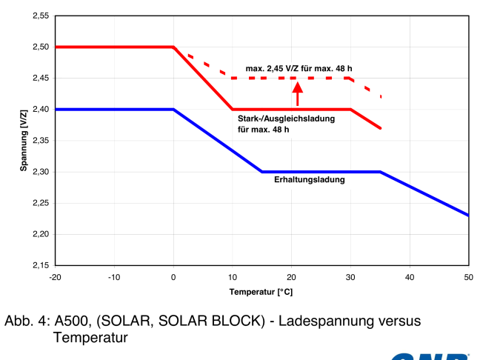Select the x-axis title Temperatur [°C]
(261, 292)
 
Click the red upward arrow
(298, 93)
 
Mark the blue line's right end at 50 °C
(468, 215)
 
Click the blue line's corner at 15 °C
(262, 172)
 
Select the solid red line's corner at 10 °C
(233, 109)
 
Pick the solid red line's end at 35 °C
(380, 128)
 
